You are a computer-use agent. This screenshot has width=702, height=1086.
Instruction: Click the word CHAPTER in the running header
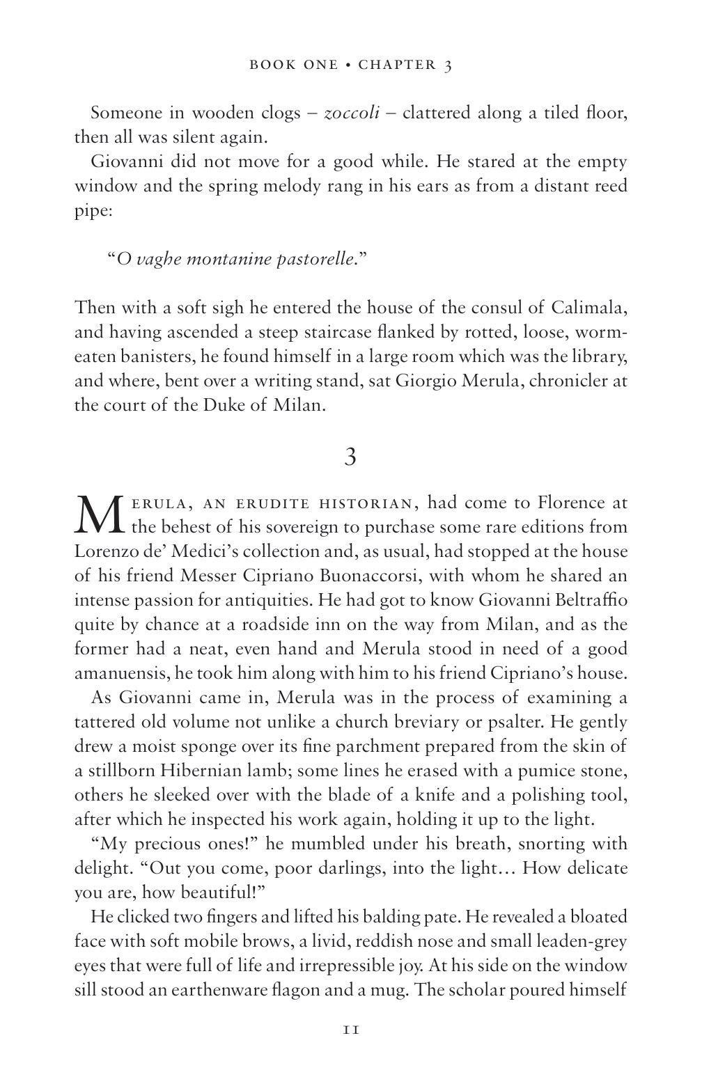[396, 65]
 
